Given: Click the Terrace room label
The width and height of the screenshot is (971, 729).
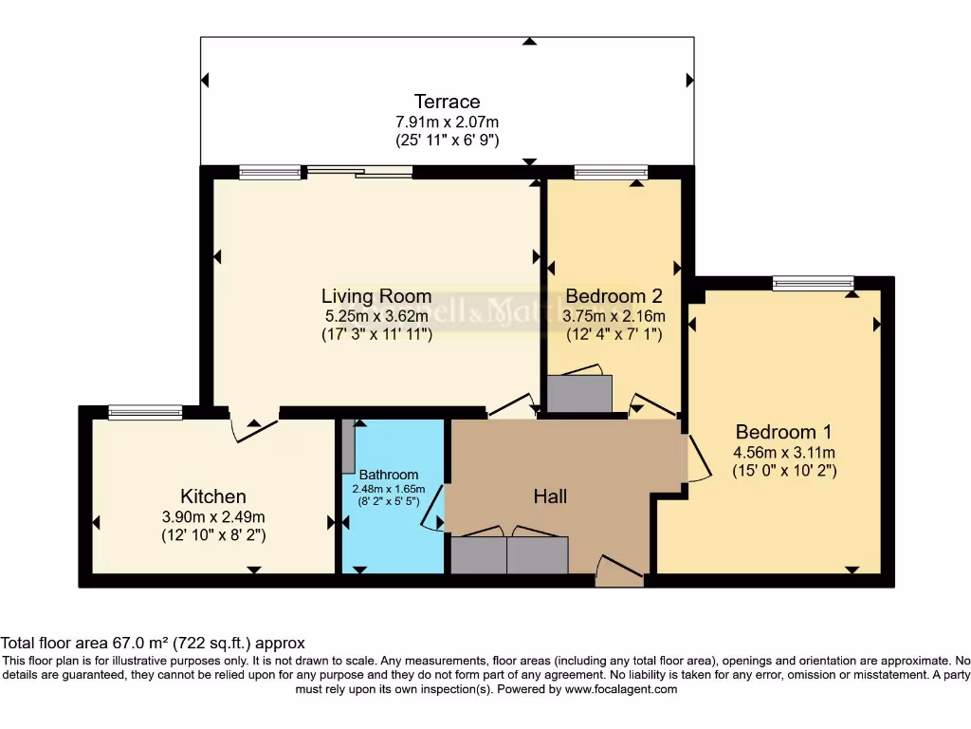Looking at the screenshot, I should click(x=447, y=102).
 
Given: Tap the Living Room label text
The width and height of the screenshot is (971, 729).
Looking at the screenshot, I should click(x=376, y=296).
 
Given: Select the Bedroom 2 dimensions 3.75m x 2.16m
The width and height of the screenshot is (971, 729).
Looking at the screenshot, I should click(x=614, y=316).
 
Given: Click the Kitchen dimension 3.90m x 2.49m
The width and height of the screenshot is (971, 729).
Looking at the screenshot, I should click(x=212, y=516).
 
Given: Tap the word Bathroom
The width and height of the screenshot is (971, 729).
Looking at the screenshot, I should click(x=388, y=475).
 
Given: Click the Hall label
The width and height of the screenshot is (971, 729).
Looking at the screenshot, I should click(x=550, y=495).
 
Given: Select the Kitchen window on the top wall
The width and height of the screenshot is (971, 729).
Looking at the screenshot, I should click(x=145, y=412).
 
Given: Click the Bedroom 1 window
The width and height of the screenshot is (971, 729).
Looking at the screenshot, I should click(x=813, y=282).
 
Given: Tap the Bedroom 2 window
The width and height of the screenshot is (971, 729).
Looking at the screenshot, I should click(x=611, y=172).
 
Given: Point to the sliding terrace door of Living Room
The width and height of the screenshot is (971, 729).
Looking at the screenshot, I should click(x=358, y=172).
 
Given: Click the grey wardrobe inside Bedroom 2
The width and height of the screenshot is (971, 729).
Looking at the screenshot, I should click(x=579, y=394).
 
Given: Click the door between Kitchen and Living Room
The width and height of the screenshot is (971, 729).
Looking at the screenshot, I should click(x=254, y=427).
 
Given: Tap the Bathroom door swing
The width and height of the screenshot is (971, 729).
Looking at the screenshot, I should click(x=433, y=517).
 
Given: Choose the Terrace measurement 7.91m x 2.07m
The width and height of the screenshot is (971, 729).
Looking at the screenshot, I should click(x=447, y=121).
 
